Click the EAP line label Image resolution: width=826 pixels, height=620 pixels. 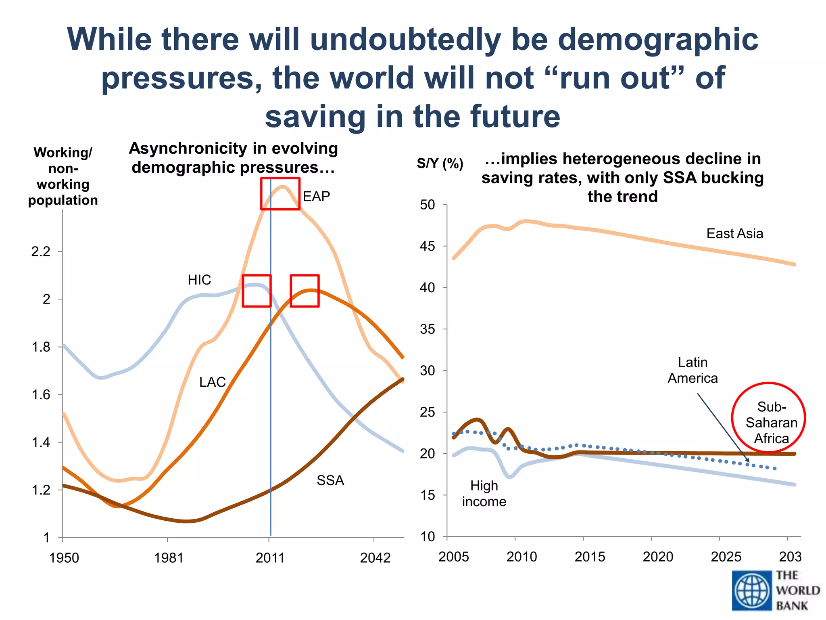(x=316, y=196)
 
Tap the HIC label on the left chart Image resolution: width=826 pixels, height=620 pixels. (x=199, y=280)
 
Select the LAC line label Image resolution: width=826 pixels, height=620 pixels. (x=212, y=382)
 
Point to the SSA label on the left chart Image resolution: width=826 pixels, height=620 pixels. (x=330, y=480)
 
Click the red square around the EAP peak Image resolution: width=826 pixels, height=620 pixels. (x=280, y=194)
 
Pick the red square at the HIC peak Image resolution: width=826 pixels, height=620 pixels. (x=257, y=291)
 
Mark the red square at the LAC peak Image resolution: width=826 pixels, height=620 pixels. (x=305, y=291)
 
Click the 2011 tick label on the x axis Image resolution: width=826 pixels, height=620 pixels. (x=270, y=558)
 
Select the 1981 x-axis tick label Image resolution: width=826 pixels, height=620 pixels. (x=169, y=558)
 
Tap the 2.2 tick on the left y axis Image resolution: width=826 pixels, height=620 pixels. (x=41, y=252)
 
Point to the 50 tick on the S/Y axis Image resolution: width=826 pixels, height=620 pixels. (x=428, y=205)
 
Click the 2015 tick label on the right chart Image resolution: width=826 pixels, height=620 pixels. (x=590, y=557)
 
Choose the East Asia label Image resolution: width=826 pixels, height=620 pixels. (x=734, y=233)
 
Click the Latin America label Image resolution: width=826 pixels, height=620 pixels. (x=693, y=370)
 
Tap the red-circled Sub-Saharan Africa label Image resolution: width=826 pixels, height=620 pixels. (x=771, y=422)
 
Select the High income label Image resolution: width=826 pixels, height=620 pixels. (x=484, y=493)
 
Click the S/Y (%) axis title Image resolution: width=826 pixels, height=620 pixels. (x=440, y=163)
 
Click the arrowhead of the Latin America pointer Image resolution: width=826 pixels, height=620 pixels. (x=748, y=461)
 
